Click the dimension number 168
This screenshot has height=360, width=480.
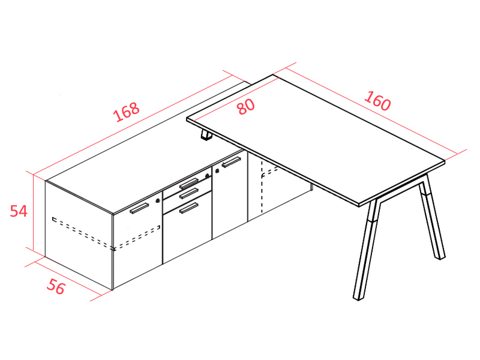click(x=127, y=112)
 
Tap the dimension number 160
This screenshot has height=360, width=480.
click(x=377, y=101)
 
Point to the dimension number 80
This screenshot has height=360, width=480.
click(x=245, y=106)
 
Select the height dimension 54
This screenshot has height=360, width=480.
click(x=19, y=211)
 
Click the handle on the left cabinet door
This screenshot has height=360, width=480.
click(x=139, y=208)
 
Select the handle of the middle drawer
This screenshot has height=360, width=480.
click(x=189, y=193)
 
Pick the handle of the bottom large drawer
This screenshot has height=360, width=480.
click(x=189, y=208)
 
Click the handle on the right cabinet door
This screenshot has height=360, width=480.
click(x=231, y=162)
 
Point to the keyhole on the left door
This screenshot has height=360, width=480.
click(x=158, y=198)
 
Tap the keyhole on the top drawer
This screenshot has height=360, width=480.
click(x=208, y=175)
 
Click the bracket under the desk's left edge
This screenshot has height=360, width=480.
click(x=206, y=137)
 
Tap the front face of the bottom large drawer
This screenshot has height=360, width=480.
click(x=187, y=231)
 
